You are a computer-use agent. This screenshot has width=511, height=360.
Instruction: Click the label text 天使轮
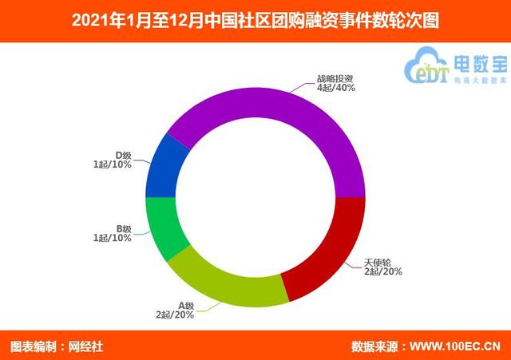(378, 262)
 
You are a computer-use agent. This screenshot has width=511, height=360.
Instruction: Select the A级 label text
(186, 305)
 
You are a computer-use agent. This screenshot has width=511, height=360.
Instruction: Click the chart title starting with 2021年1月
(255, 17)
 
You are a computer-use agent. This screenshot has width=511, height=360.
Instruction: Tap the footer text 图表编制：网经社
(57, 346)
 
